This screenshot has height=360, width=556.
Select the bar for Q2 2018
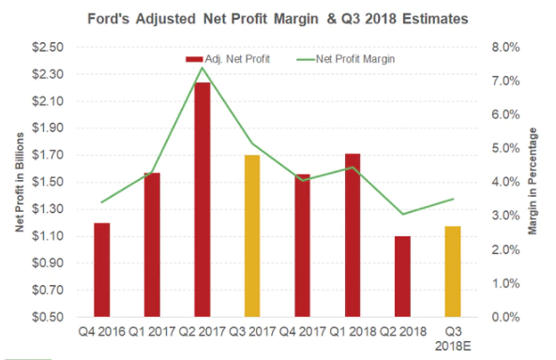click(401, 277)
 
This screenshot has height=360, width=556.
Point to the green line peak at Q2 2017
click(202, 67)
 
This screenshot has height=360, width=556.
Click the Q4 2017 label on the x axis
click(301, 331)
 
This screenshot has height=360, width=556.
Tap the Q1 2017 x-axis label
click(152, 331)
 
